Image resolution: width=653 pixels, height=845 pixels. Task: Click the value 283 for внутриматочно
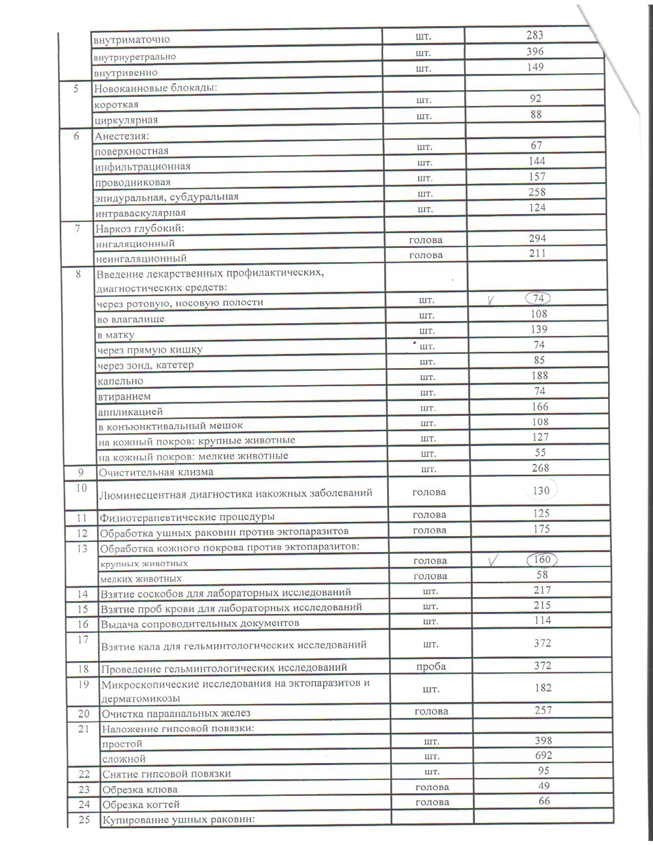point(535,36)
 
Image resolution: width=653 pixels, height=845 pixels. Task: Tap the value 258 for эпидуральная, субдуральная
point(537,193)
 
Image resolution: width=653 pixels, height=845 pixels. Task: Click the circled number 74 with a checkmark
point(537,298)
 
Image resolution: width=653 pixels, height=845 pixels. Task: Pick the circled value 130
point(540,491)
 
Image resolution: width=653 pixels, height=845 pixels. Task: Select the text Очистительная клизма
point(156,472)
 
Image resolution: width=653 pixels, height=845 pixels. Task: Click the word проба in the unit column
point(431,667)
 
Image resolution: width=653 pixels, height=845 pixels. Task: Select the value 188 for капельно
point(539,376)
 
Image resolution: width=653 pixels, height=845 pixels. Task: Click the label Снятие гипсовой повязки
point(165,773)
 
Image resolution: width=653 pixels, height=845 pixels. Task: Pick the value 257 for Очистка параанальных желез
point(542,711)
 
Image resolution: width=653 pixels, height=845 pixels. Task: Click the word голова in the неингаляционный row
point(426,255)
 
